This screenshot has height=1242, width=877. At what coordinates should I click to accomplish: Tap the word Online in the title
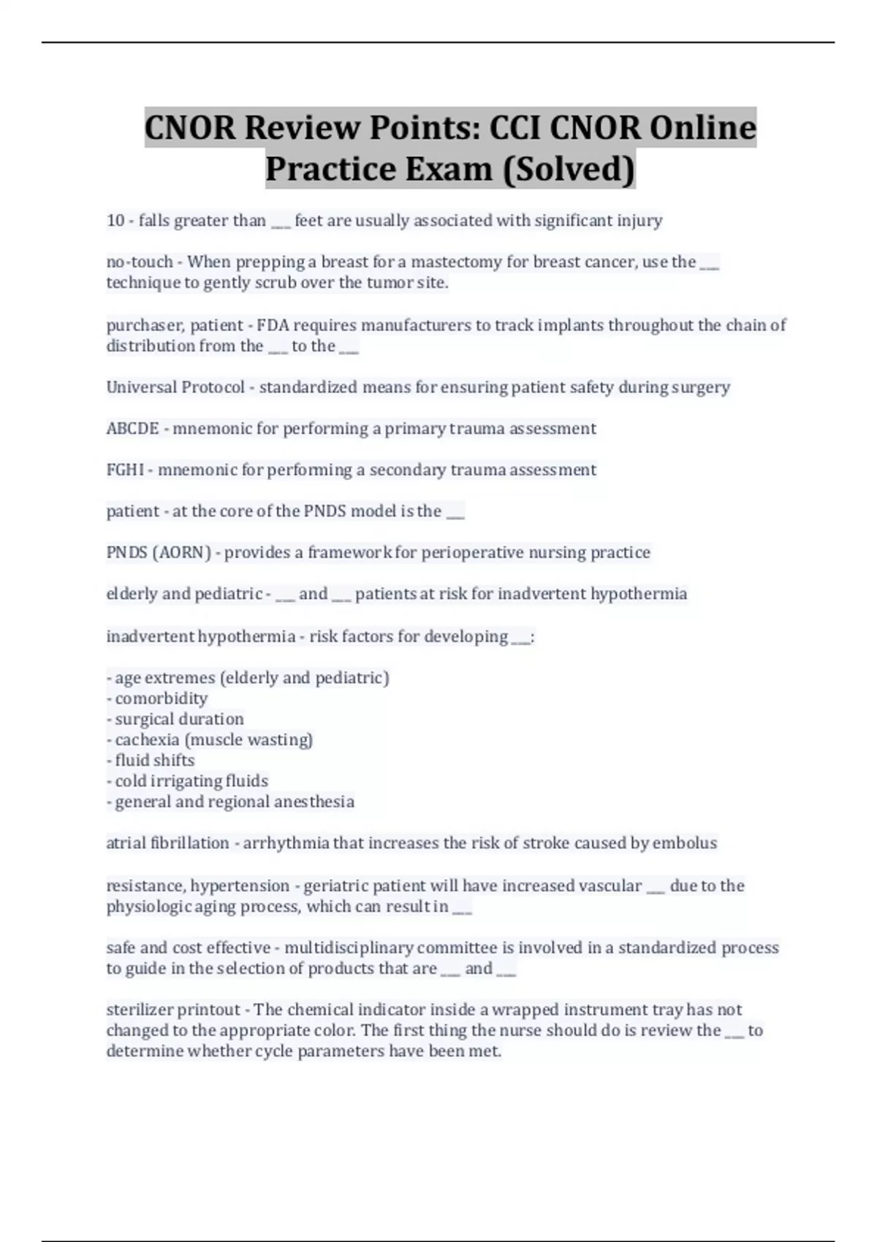[x=702, y=128]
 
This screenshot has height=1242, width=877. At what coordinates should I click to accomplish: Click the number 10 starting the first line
[x=115, y=221]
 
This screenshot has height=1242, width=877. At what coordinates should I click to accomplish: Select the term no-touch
[x=140, y=262]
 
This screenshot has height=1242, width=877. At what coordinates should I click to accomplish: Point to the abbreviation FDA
[x=270, y=325]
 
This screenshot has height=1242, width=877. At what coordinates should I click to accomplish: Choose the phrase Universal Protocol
[x=175, y=387]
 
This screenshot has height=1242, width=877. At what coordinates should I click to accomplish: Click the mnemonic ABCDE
[x=132, y=429]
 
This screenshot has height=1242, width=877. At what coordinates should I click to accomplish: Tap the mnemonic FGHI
[x=125, y=470]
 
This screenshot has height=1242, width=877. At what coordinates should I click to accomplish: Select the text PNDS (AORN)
[x=159, y=552]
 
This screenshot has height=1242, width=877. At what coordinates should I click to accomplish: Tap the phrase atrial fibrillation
[x=167, y=843]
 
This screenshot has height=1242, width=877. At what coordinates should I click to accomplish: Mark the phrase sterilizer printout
[x=172, y=1010]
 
